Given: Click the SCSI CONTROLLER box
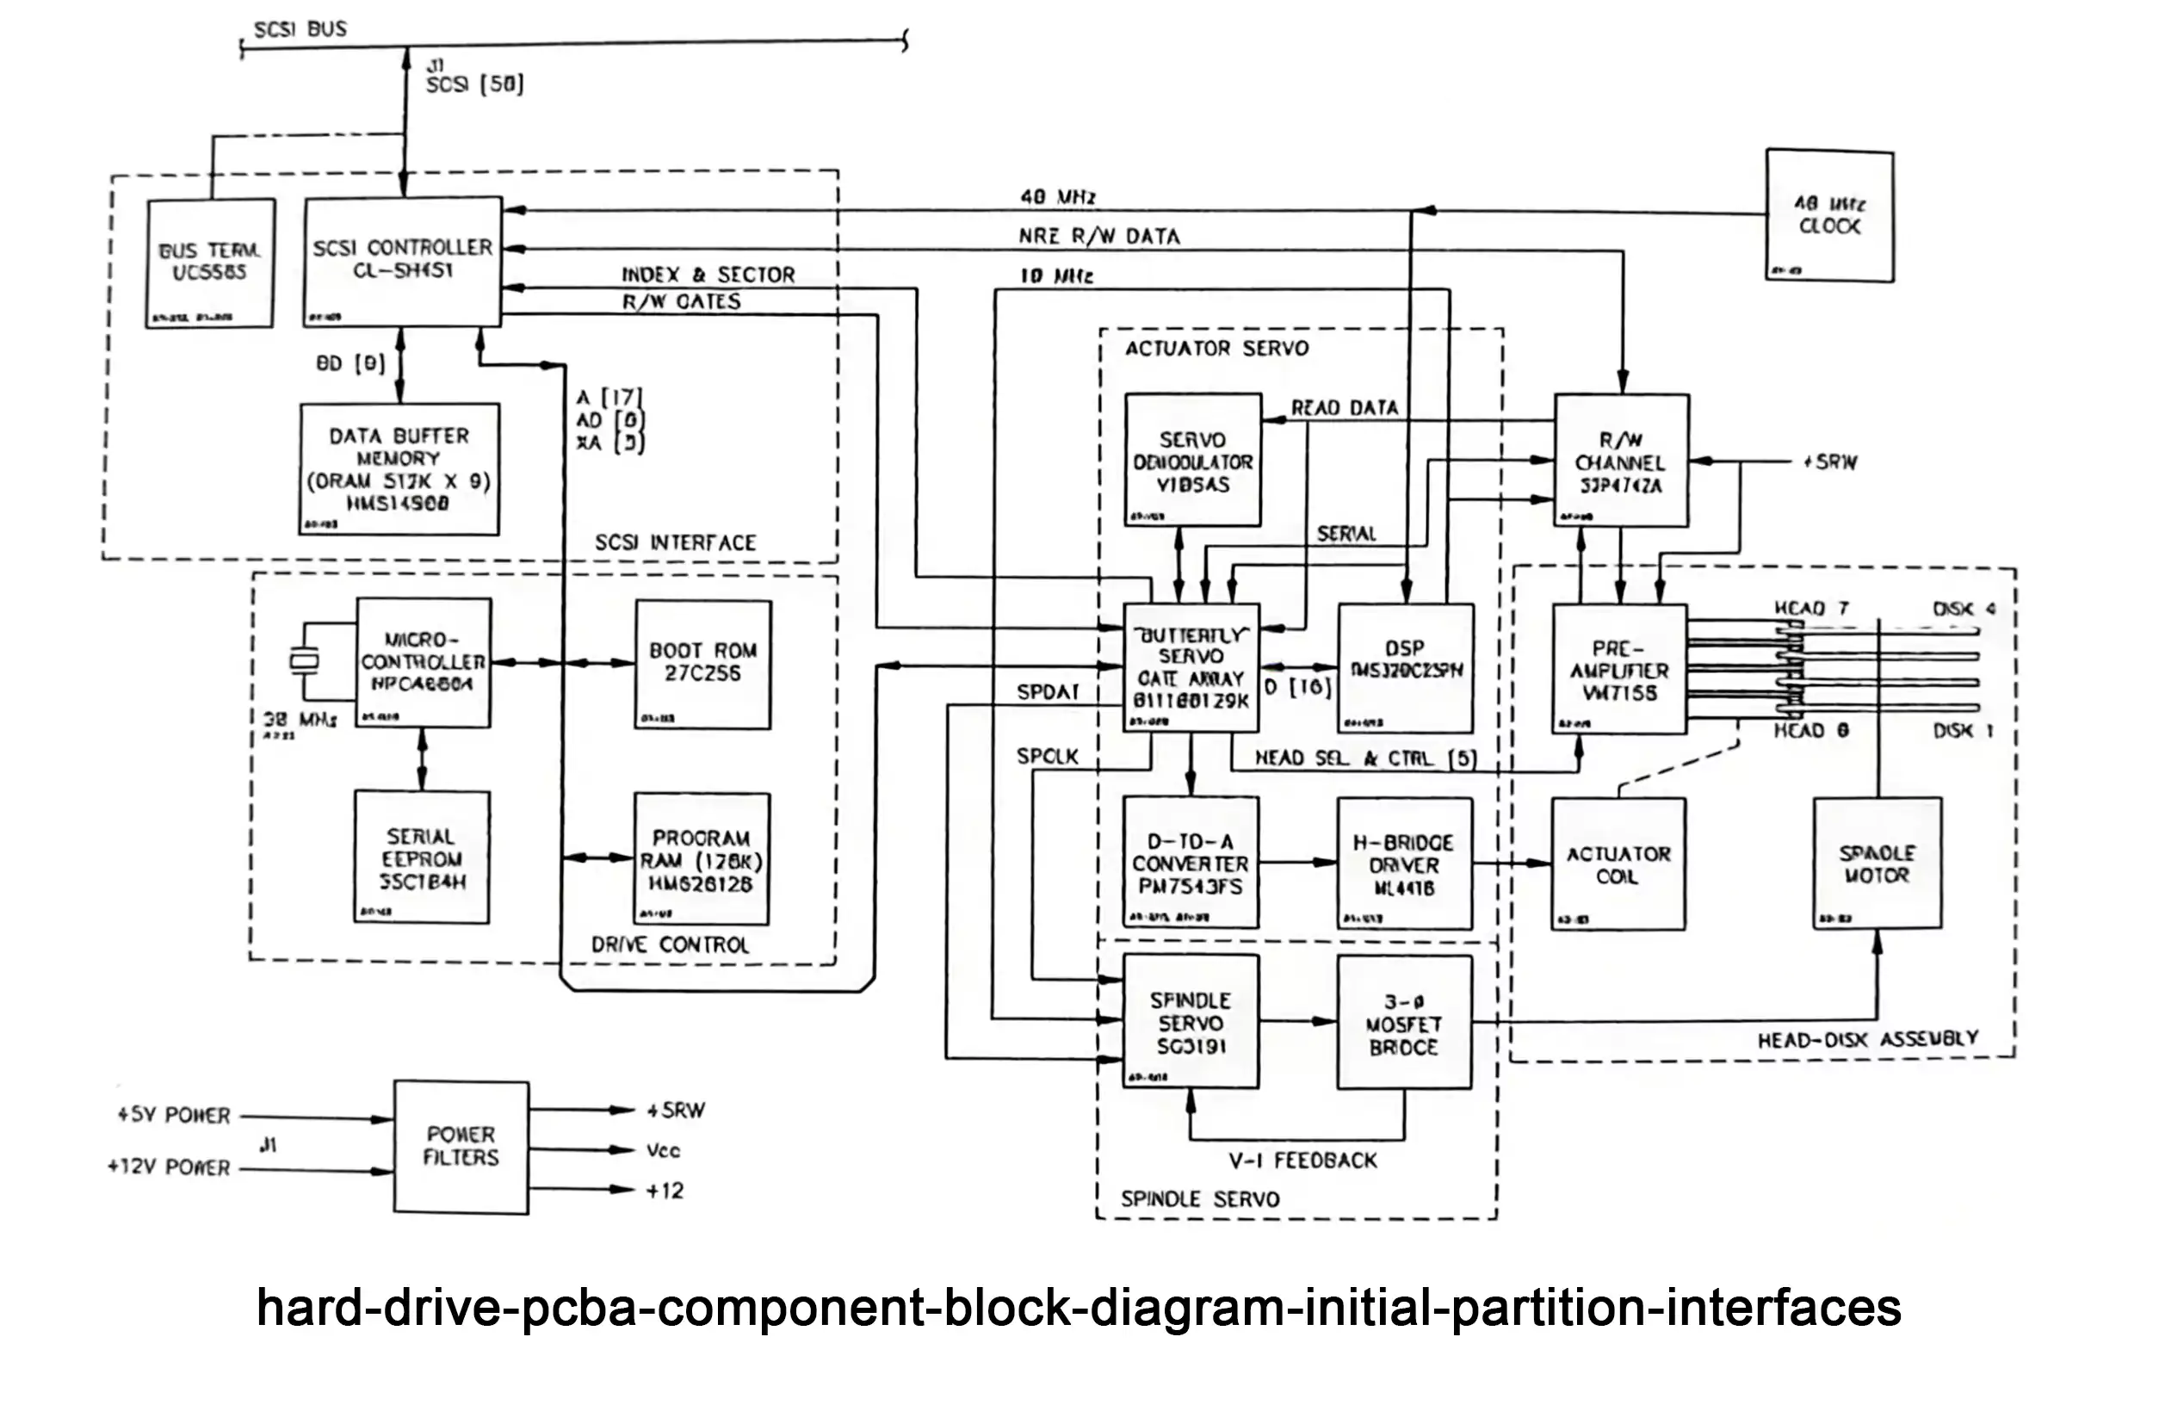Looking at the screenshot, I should point(402,260).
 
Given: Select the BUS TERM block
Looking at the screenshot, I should point(209,262).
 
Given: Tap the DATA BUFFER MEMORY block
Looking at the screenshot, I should point(399,469).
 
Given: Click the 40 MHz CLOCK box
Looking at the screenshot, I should point(1828,215).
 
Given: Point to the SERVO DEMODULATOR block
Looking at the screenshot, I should point(1192,460).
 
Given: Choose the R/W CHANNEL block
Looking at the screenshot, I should point(1621,460).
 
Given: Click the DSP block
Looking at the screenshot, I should point(1405,667).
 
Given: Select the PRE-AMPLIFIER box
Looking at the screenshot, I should point(1619,670).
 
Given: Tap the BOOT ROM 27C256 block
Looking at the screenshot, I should point(703,664).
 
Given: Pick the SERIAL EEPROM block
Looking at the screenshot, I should point(422,857).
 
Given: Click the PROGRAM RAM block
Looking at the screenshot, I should point(702,859).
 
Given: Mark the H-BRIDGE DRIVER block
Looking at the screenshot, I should point(1404,863).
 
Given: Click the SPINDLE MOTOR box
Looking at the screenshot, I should point(1877,863).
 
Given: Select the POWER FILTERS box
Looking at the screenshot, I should point(461,1147).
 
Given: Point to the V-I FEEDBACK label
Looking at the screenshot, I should point(1302,1161).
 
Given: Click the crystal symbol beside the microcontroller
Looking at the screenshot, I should point(304,661).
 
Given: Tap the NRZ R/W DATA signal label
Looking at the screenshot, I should point(1098,237).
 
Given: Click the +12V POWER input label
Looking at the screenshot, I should point(169,1167).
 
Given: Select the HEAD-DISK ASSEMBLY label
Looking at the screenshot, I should point(1868,1038).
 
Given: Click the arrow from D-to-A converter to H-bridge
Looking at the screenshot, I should point(1298,863).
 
